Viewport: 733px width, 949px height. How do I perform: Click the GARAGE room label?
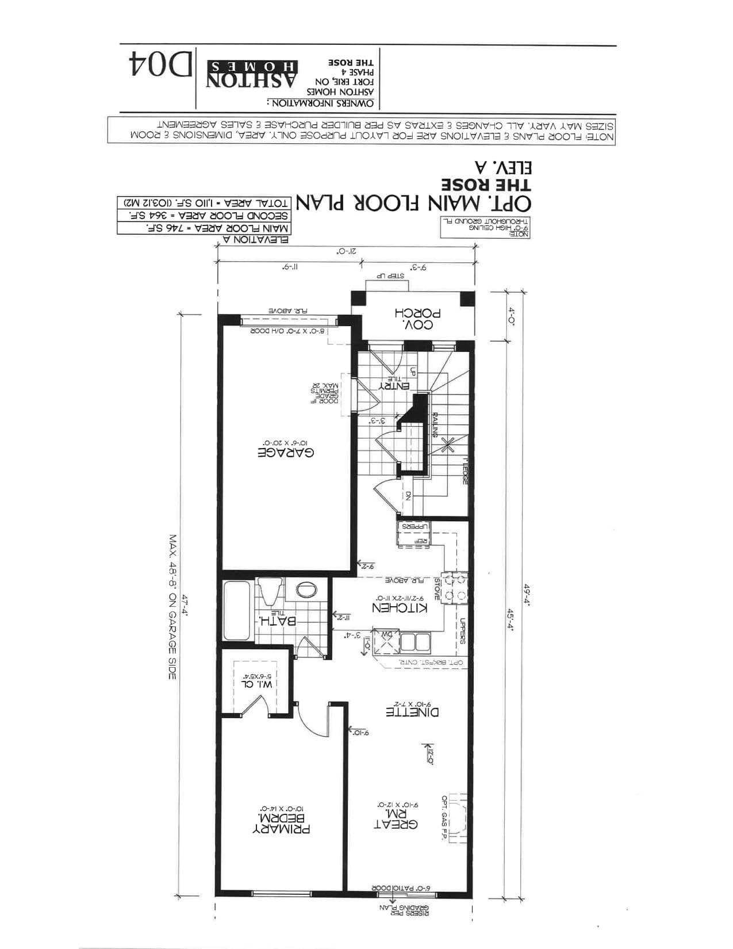[286, 452]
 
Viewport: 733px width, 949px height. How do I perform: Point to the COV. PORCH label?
[418, 319]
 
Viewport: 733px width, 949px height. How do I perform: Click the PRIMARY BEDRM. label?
[282, 824]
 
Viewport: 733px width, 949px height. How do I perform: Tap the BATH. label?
[278, 621]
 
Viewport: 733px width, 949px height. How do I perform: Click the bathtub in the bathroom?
[236, 610]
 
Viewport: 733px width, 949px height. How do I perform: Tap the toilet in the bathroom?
[268, 591]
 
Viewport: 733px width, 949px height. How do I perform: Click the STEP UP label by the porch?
[390, 276]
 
